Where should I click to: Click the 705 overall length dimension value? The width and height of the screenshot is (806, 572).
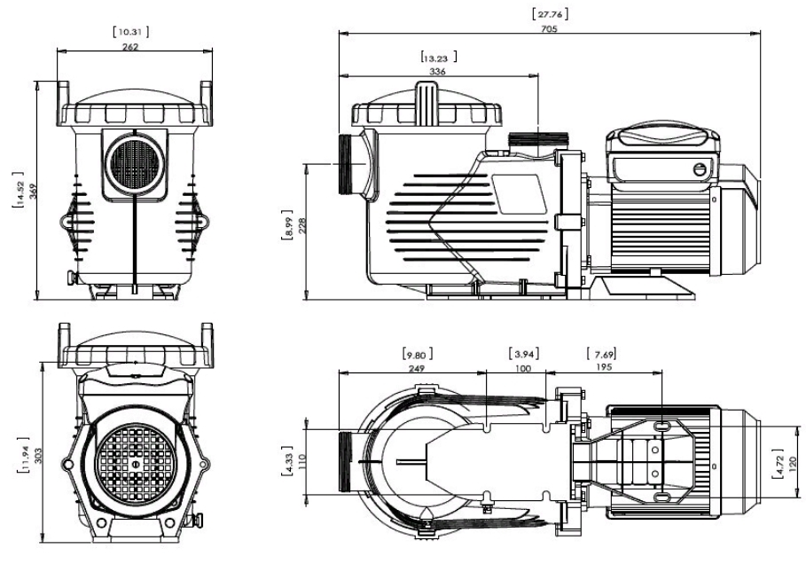click(x=550, y=28)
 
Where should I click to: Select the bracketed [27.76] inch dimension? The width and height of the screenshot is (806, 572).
click(x=550, y=12)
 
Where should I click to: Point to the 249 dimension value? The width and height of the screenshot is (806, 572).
click(x=414, y=367)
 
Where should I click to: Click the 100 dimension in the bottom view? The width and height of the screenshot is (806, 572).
click(x=523, y=367)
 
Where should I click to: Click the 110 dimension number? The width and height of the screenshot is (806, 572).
click(x=302, y=461)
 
